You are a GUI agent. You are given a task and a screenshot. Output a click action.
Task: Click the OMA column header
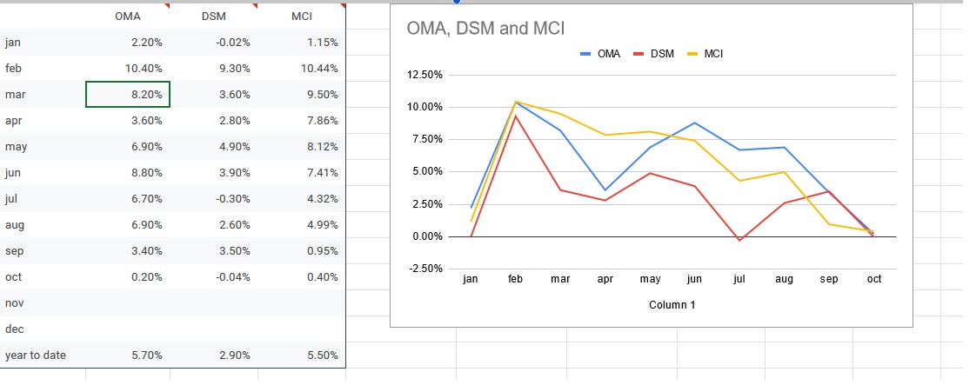(x=127, y=17)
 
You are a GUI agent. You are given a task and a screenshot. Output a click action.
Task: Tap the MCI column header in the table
(x=302, y=17)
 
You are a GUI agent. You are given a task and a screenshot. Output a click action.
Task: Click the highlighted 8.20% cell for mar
(x=128, y=94)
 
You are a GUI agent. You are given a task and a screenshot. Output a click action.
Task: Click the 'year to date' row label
(x=36, y=355)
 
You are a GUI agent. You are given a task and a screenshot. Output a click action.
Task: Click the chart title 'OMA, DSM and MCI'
(x=485, y=29)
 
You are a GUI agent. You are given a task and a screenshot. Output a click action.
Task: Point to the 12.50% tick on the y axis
(x=425, y=76)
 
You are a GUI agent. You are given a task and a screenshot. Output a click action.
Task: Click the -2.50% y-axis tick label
(x=425, y=269)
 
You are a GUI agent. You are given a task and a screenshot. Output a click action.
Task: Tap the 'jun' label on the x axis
(x=694, y=280)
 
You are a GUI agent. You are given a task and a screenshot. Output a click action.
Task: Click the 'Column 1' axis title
(x=672, y=305)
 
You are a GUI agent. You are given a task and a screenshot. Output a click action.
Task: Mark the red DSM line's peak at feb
(x=516, y=116)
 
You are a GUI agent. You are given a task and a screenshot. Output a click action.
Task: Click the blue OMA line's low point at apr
(x=605, y=189)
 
